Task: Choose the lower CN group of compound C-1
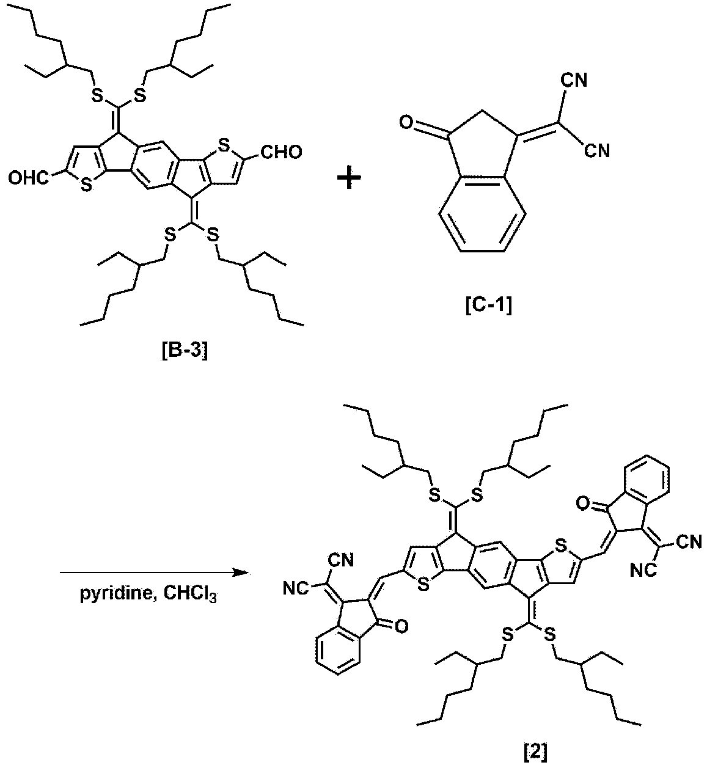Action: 597,151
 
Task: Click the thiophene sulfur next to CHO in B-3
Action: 224,145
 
